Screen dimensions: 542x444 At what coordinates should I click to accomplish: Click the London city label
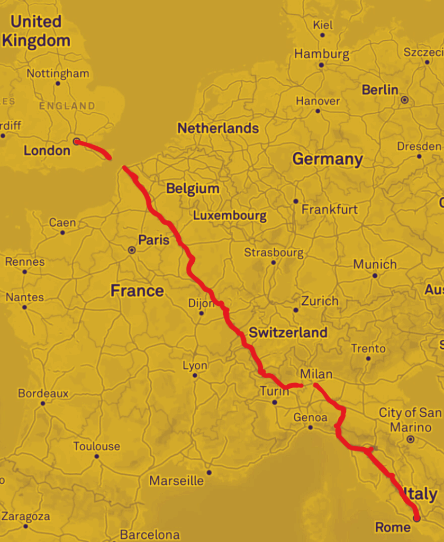[x=47, y=151]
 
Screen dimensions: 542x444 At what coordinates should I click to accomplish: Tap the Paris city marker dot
[x=132, y=250]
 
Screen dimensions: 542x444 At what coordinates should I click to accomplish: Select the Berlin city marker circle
[x=405, y=100]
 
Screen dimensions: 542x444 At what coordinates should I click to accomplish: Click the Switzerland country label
[x=288, y=332]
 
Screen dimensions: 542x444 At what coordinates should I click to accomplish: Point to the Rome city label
[x=392, y=527]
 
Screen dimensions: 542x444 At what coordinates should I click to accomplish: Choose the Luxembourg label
[x=229, y=215]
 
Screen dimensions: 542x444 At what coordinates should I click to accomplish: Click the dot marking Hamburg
[x=321, y=65]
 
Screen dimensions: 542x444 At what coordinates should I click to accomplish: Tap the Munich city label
[x=375, y=264]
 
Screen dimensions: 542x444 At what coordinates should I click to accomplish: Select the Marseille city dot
[x=209, y=472]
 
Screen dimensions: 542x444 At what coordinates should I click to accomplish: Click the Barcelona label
[x=150, y=535]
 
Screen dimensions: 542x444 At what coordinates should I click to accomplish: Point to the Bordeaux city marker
[x=43, y=403]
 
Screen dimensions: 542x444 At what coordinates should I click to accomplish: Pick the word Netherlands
[x=218, y=128]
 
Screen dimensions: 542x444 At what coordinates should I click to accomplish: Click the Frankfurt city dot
[x=295, y=201]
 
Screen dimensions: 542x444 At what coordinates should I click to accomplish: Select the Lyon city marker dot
[x=195, y=375]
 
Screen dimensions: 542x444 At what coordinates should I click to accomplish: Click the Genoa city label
[x=310, y=418]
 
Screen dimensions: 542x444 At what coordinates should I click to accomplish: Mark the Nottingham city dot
[x=58, y=83]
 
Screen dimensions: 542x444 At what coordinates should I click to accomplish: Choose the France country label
[x=137, y=291]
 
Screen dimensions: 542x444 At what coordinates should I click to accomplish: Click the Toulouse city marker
[x=96, y=456]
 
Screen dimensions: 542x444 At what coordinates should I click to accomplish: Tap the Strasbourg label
[x=274, y=252]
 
